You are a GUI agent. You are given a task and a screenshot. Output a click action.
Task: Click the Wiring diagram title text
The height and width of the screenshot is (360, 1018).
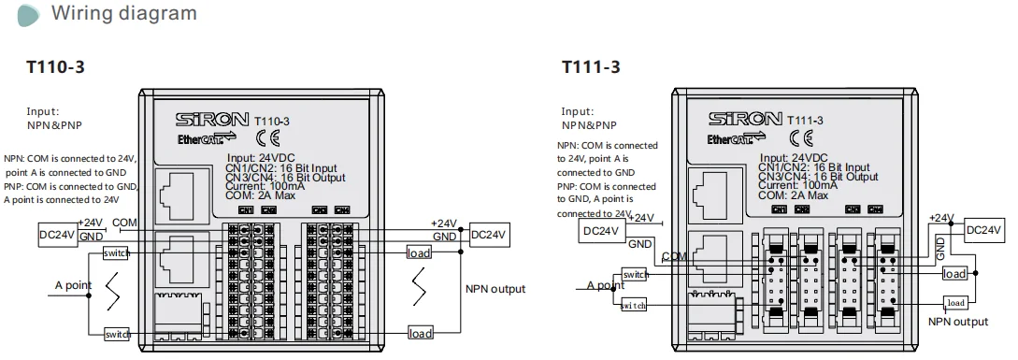(123, 13)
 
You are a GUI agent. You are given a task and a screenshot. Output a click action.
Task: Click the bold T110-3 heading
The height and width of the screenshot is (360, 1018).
(58, 67)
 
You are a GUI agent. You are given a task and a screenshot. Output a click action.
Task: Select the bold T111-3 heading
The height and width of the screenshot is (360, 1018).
(590, 67)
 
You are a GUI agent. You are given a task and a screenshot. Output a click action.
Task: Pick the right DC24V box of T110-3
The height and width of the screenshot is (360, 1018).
(489, 233)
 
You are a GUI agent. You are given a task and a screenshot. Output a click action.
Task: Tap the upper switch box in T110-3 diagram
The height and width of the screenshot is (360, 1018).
(117, 253)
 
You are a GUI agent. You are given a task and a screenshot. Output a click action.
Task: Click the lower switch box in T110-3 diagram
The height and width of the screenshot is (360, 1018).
(117, 334)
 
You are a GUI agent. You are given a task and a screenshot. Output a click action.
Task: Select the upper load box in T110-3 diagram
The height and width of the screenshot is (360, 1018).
(420, 252)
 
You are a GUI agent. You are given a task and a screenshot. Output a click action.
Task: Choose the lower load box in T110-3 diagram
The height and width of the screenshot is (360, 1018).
(420, 333)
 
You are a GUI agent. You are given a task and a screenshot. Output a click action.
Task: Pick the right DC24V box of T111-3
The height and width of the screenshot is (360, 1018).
(984, 229)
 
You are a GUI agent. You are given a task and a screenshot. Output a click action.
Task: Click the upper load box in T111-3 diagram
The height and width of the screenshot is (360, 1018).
(954, 273)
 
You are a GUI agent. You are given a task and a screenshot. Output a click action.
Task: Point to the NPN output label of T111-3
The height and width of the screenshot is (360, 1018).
(957, 322)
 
